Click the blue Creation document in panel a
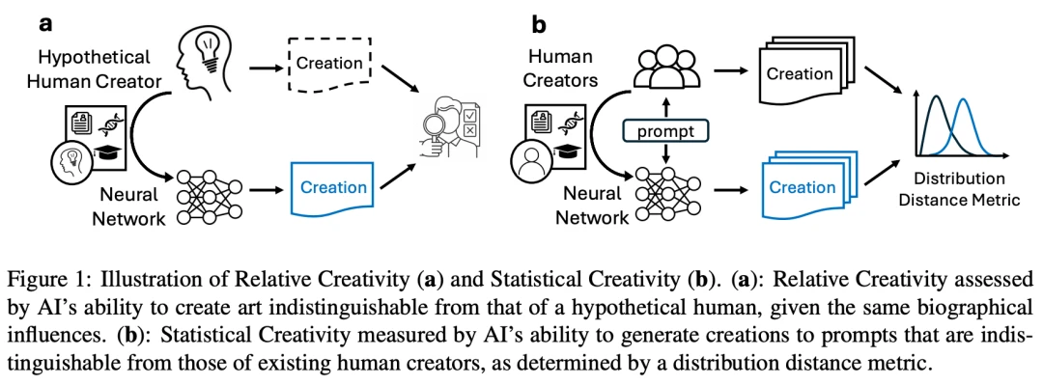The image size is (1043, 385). click(331, 188)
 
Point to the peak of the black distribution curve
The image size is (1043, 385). click(937, 96)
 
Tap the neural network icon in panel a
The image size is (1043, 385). click(210, 198)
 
